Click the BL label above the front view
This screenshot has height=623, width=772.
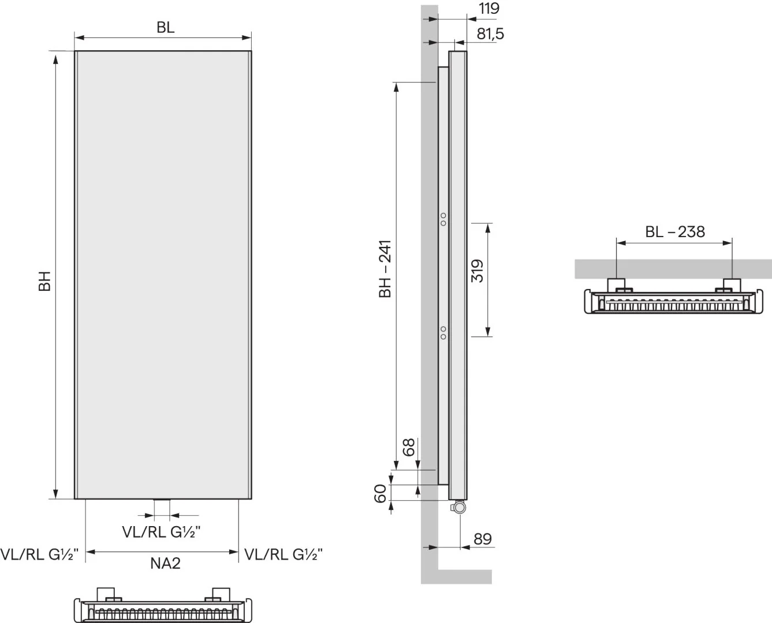point(166,28)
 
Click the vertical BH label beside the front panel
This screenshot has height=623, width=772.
point(44,282)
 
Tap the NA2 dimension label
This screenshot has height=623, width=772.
point(165,563)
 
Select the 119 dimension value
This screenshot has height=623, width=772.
point(489,8)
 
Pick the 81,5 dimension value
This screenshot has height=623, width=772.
point(490,34)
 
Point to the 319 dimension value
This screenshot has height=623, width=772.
point(478,271)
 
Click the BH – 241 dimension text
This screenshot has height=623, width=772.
point(385,269)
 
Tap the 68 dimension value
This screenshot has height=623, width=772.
point(408,448)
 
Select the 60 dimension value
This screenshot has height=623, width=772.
point(380,493)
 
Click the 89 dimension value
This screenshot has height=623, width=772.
point(482,539)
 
